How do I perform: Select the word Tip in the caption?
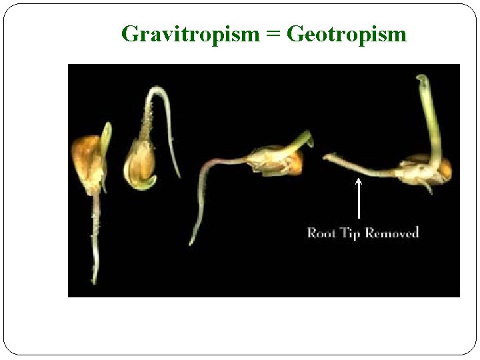tap(349, 233)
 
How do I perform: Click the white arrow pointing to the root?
tap(359, 199)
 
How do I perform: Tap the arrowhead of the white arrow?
tap(359, 180)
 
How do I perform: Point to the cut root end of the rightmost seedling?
tap(326, 157)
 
